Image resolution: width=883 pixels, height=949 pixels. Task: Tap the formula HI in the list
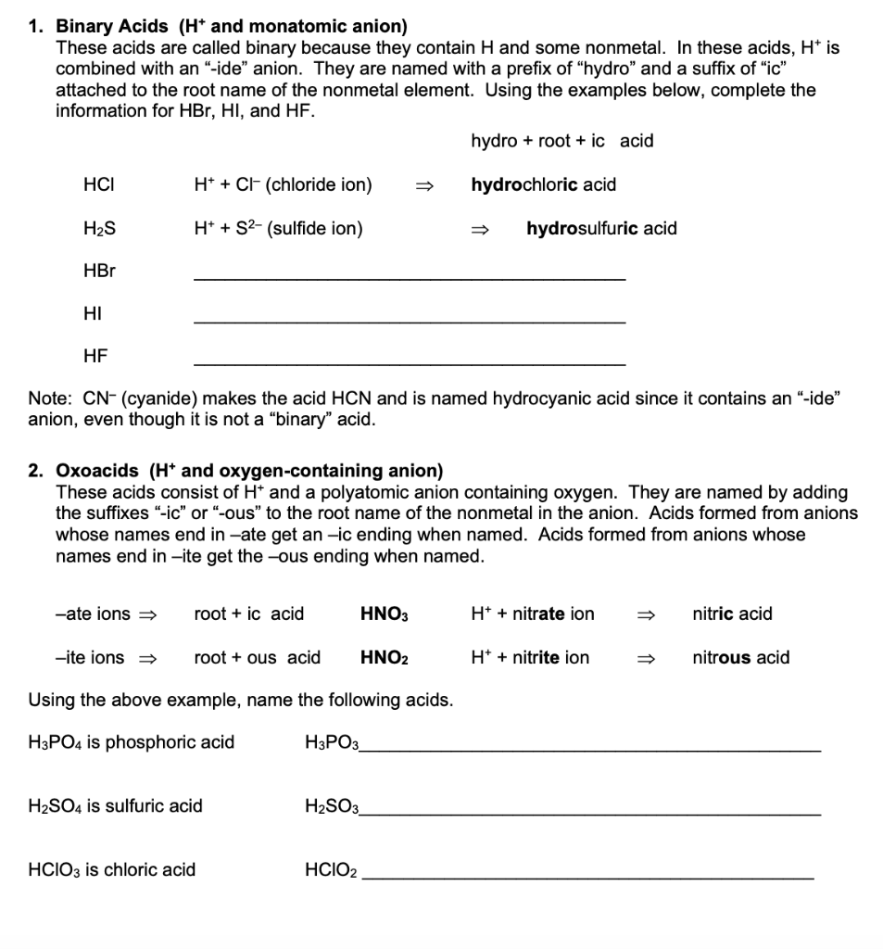pyautogui.click(x=92, y=314)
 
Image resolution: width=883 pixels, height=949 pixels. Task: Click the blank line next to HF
pyautogui.click(x=409, y=361)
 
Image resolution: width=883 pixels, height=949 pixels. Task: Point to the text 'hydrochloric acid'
pyautogui.click(x=543, y=184)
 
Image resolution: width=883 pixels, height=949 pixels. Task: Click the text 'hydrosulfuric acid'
pyautogui.click(x=601, y=228)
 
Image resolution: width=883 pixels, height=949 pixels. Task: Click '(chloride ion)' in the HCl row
pyautogui.click(x=319, y=184)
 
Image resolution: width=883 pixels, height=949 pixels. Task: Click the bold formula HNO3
pyautogui.click(x=384, y=614)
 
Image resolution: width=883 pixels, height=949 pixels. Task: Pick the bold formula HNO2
pyautogui.click(x=384, y=658)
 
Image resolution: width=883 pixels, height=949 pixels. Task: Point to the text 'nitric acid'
pyautogui.click(x=732, y=614)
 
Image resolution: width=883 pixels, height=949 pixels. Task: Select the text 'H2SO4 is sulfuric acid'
pyautogui.click(x=116, y=806)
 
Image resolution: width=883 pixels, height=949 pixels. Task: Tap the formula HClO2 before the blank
pyautogui.click(x=331, y=870)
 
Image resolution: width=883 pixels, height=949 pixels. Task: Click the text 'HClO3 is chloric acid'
pyautogui.click(x=112, y=870)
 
